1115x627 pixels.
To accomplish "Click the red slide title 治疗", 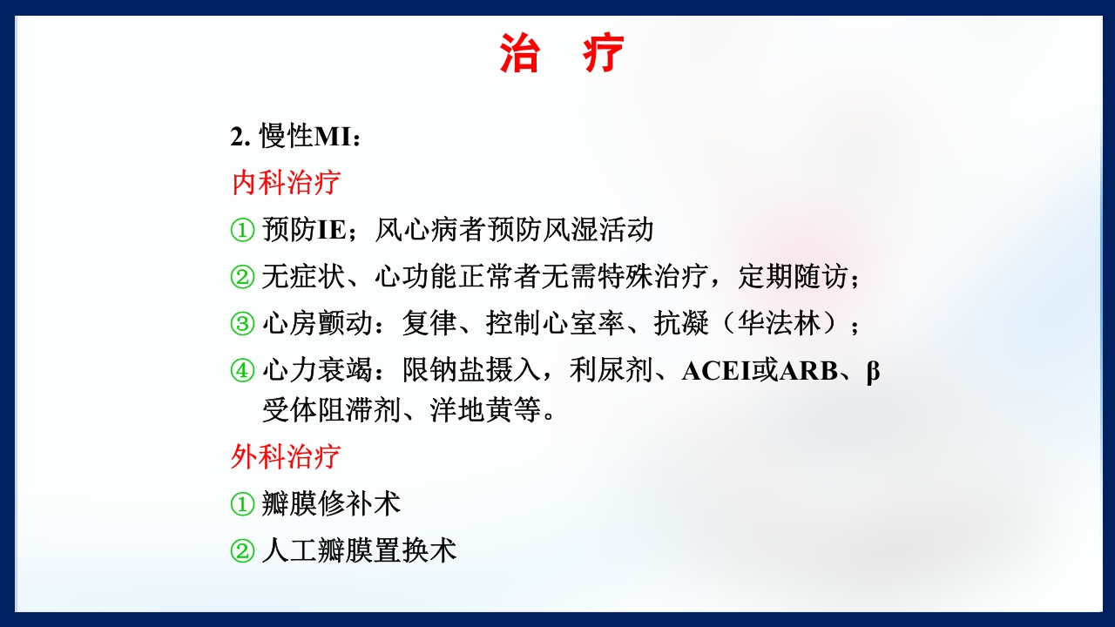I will [562, 54].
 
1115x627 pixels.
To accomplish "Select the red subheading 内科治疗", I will [286, 183].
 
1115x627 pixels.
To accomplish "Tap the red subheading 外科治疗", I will [286, 455].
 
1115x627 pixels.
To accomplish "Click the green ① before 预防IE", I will [241, 231].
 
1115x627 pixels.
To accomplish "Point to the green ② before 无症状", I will [241, 278].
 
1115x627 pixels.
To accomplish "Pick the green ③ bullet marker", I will [241, 325].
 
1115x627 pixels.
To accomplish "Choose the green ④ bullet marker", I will [241, 371].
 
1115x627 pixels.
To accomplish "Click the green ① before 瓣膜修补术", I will [241, 503].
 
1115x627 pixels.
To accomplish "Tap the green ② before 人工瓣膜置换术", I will [241, 550].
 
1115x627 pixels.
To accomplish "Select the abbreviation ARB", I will [808, 371].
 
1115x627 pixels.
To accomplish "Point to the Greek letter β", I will [872, 372].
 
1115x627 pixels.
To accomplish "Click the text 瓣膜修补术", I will [331, 503].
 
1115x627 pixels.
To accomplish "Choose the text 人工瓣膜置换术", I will [359, 550].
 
